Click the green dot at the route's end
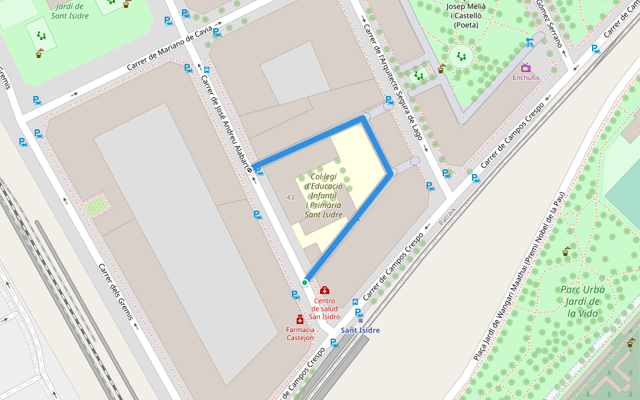coord(305,283)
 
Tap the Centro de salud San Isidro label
coord(324,309)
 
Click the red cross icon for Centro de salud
coord(325,291)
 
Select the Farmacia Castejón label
coord(300,333)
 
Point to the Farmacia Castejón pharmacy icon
coord(300,320)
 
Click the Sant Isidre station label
coord(360,330)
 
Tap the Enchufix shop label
coord(526,77)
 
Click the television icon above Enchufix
coord(526,67)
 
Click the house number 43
coord(290,197)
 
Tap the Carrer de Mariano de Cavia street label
coord(170,49)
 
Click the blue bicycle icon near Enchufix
coord(529,43)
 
